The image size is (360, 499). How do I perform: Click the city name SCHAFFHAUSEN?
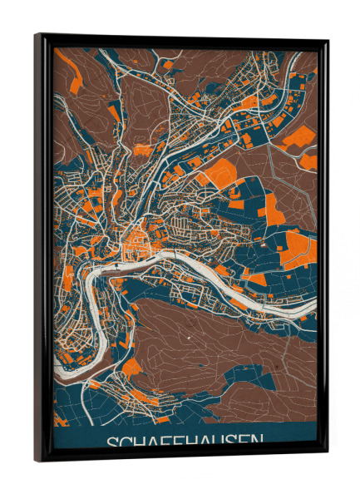(x=185, y=441)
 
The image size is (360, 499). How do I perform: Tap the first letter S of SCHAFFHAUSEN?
(x=111, y=442)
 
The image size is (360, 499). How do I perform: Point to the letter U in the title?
(x=220, y=442)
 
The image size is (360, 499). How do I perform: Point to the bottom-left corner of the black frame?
(x=37, y=459)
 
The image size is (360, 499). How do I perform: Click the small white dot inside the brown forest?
(x=189, y=338)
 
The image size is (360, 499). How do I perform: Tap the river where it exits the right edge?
(x=313, y=310)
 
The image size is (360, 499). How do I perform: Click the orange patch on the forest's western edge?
(x=131, y=366)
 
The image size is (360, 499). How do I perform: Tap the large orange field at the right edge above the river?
(x=299, y=249)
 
